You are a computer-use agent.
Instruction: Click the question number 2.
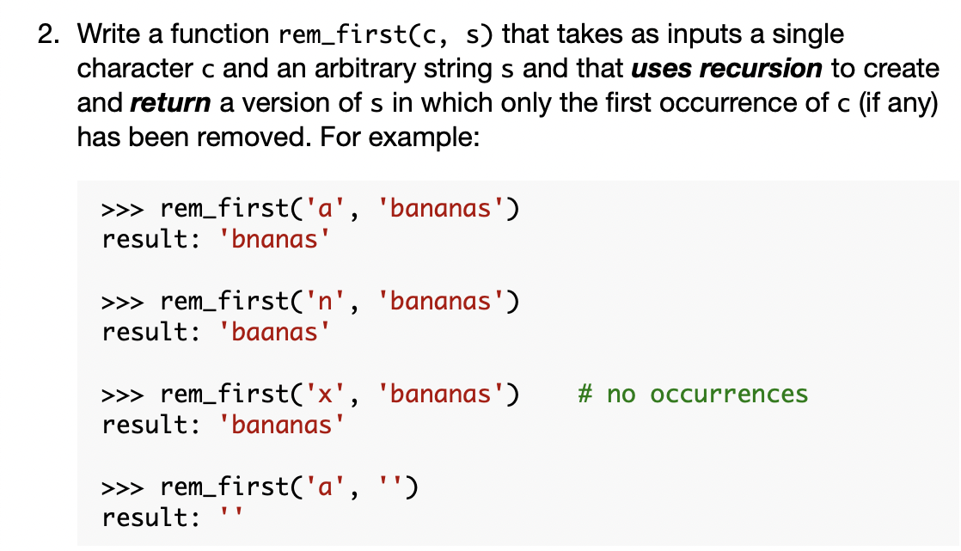click(x=48, y=35)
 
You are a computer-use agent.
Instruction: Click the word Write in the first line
click(x=107, y=35)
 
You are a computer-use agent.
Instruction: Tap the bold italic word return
click(x=170, y=102)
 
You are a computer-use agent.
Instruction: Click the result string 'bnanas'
click(x=276, y=238)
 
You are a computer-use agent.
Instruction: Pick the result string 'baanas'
click(x=276, y=332)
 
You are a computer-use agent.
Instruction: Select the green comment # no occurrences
click(x=694, y=395)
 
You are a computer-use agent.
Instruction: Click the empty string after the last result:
click(x=233, y=517)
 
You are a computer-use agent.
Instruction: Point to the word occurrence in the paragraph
click(x=749, y=102)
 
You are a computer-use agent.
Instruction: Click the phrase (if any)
click(x=895, y=102)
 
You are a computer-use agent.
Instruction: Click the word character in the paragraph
click(x=134, y=69)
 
